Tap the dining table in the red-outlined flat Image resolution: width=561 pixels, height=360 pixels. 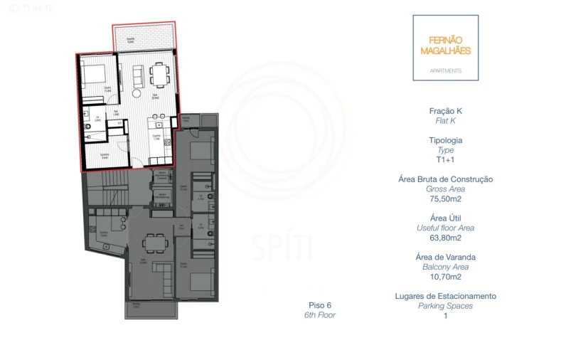point(160,73)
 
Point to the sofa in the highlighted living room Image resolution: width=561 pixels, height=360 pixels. point(138,73)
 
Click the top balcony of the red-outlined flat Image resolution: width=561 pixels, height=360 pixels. point(143,36)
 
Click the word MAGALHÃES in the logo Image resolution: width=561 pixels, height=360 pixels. point(445,51)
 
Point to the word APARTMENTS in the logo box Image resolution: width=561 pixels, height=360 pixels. point(446,71)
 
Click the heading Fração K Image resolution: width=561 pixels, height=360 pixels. point(445,111)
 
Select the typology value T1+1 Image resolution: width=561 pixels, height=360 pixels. point(445,160)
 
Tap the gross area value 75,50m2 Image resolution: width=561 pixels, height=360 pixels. point(445,199)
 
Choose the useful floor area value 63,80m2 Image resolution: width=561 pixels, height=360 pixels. point(445,238)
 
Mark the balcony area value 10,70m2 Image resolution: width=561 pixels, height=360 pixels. point(445,277)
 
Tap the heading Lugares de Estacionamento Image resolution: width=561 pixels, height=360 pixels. point(445,296)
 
